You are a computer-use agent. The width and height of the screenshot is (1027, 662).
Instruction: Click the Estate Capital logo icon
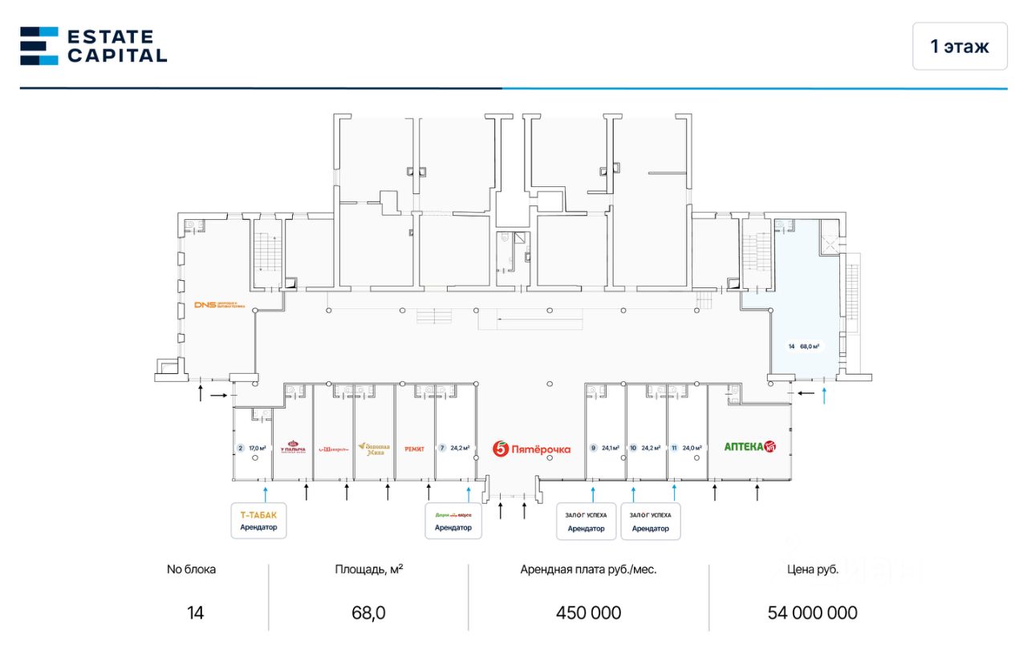point(39,46)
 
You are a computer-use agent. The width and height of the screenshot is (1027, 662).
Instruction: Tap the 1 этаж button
point(960,47)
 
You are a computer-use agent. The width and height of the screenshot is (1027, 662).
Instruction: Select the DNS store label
point(219,305)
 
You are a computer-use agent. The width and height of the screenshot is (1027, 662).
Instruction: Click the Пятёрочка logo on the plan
point(532,449)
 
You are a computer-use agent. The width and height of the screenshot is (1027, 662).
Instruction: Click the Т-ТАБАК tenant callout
point(258,520)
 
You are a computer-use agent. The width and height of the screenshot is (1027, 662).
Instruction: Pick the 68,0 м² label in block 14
point(810,347)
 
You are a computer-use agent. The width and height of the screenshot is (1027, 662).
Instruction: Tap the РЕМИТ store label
point(415,449)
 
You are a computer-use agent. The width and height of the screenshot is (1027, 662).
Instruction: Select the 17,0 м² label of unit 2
point(258,448)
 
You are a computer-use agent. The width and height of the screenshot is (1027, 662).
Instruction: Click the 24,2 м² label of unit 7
point(461,448)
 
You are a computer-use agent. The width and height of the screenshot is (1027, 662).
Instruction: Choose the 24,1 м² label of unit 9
point(611,448)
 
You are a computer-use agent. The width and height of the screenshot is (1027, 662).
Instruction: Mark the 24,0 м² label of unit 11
point(692,448)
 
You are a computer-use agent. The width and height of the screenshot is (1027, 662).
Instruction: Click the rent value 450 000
point(588,613)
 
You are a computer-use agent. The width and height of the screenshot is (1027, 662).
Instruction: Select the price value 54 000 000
point(812,613)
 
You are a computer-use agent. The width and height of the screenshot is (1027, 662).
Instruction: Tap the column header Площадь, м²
point(368,570)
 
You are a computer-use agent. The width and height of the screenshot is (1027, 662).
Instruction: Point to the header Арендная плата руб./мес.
point(588,570)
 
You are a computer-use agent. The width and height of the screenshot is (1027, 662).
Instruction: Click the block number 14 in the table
point(195,613)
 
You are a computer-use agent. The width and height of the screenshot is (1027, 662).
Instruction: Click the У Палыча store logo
point(293,448)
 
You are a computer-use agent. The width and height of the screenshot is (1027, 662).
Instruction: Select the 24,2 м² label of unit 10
point(651,448)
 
